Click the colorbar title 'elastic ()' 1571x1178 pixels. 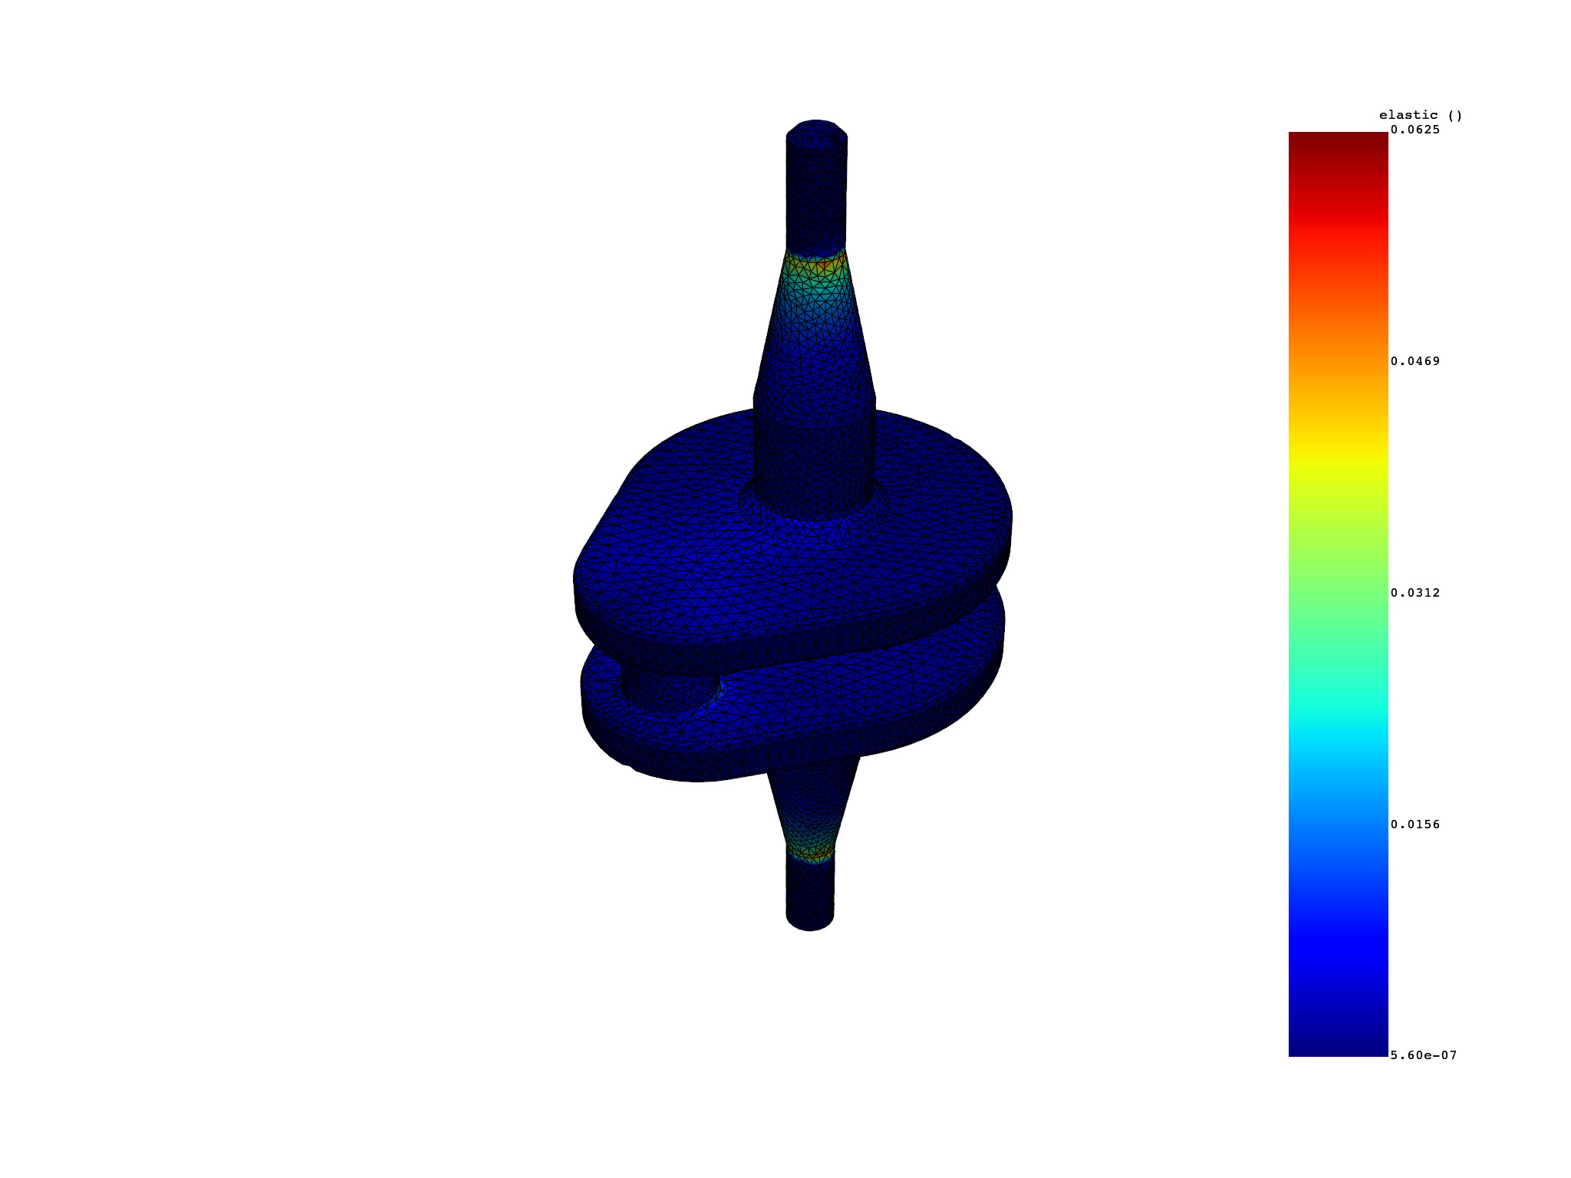pyautogui.click(x=1420, y=116)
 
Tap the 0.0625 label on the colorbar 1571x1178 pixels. pyautogui.click(x=1415, y=130)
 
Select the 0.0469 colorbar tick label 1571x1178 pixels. pyautogui.click(x=1415, y=361)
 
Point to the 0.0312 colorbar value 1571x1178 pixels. pyautogui.click(x=1415, y=593)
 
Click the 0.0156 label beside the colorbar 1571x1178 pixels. pyautogui.click(x=1415, y=824)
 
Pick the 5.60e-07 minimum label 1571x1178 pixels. pyautogui.click(x=1423, y=1055)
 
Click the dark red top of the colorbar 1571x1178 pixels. pyautogui.click(x=1338, y=142)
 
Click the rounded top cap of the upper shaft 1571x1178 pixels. pyautogui.click(x=817, y=130)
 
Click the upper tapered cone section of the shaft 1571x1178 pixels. pyautogui.click(x=815, y=330)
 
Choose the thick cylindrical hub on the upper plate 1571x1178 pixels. pyautogui.click(x=814, y=460)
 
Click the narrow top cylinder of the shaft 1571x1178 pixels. pyautogui.click(x=816, y=192)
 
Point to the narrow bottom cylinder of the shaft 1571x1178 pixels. pyautogui.click(x=810, y=890)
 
